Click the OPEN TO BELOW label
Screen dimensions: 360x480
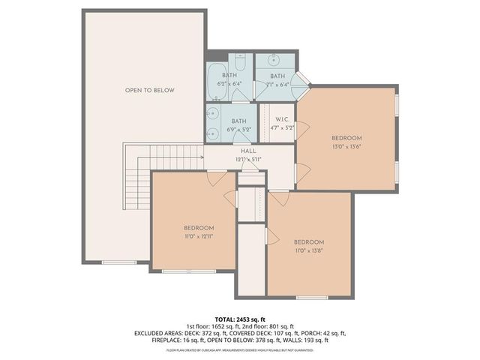[x=149, y=90]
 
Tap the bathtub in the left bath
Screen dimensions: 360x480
[x=214, y=76]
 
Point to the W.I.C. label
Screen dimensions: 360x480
[x=283, y=120]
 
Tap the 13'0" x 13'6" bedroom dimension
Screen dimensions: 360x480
[x=347, y=146]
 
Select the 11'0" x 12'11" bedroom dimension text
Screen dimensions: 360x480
[x=199, y=236]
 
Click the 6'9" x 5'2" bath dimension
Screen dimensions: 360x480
[x=238, y=129]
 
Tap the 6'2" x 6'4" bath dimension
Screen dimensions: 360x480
[x=229, y=84]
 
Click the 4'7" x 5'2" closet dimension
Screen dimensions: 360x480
[x=283, y=128]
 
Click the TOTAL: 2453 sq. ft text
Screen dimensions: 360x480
[x=239, y=319]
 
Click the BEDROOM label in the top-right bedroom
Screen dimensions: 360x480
[x=347, y=138]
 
